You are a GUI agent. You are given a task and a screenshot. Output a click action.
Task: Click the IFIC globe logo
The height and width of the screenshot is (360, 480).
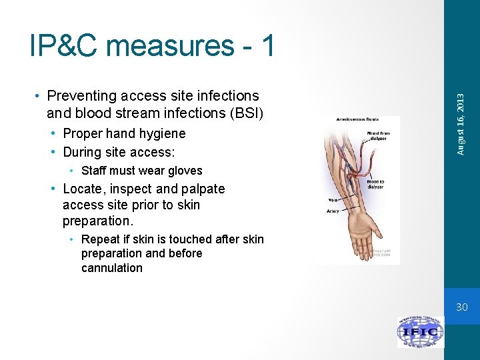[420, 331]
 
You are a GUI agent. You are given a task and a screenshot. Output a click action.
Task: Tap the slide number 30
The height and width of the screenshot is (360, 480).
[462, 307]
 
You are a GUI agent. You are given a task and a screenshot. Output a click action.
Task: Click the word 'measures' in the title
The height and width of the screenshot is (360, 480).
[170, 45]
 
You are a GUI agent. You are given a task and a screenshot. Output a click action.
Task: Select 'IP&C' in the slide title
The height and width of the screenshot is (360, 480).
[65, 45]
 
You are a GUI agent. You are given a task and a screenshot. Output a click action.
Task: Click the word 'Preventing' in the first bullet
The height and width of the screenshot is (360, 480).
[81, 97]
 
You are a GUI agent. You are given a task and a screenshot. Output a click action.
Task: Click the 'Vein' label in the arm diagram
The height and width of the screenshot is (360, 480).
[333, 199]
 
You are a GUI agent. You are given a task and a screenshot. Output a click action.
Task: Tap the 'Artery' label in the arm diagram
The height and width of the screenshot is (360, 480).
[333, 211]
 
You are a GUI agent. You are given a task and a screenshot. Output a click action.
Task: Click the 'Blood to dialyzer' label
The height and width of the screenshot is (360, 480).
[375, 185]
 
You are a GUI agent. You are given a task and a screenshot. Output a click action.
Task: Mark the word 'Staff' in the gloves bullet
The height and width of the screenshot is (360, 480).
[93, 171]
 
